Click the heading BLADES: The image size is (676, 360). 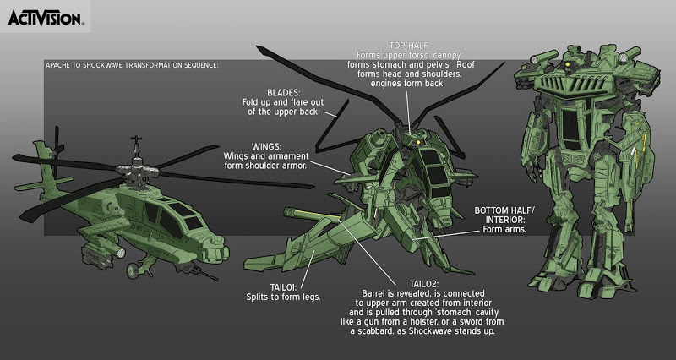coord(283,93)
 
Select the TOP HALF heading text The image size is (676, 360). coord(410,46)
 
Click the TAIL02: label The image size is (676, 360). coord(424,284)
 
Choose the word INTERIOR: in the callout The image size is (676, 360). coord(504,220)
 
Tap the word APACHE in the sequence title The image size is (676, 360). coord(57,65)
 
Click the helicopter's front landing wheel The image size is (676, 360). coord(134,270)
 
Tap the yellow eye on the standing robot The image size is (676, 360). coord(568,64)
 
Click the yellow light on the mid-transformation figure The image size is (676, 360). coord(417,141)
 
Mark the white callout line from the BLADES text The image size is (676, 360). coord(330,114)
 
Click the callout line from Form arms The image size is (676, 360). coord(446,235)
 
